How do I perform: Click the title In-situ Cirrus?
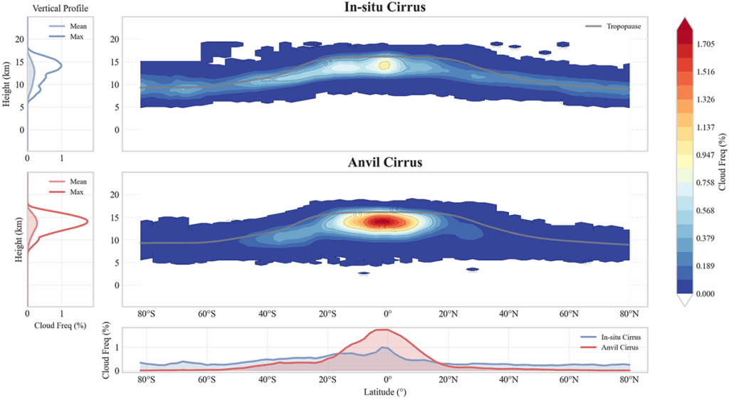tap(385, 7)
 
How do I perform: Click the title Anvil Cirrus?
tap(385, 162)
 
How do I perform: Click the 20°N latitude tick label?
tap(448, 313)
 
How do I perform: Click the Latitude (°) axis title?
tap(385, 391)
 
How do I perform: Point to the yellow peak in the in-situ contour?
tap(384, 65)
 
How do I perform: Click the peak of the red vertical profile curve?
tap(87, 221)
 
